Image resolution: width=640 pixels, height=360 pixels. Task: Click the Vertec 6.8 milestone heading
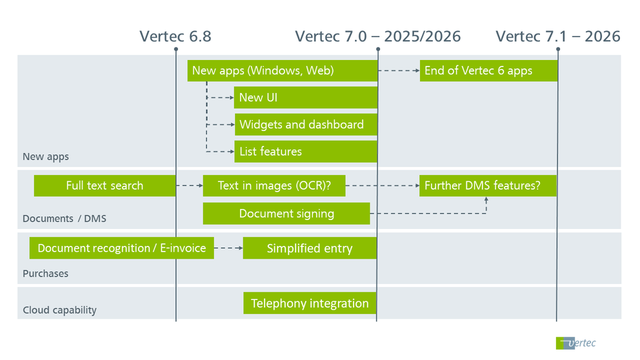(x=175, y=36)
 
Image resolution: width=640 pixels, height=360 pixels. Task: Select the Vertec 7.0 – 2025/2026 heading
(x=377, y=36)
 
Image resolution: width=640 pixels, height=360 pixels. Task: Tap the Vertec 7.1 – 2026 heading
(x=557, y=36)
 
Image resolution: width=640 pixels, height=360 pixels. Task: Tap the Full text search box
(x=105, y=186)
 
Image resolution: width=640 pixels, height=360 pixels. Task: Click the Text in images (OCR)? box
(x=274, y=186)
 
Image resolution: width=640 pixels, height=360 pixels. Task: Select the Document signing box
(x=286, y=214)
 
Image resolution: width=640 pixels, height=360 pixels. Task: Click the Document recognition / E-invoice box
(x=121, y=248)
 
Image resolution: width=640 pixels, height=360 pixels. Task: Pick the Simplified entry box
(x=310, y=248)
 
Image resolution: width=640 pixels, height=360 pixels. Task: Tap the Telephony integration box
(x=310, y=303)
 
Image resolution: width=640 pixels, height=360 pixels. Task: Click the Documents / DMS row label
(x=65, y=219)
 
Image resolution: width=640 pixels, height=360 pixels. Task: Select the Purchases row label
(x=45, y=274)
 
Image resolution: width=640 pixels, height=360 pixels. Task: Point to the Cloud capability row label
(x=59, y=310)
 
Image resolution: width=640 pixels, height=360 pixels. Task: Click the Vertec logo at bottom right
(x=575, y=343)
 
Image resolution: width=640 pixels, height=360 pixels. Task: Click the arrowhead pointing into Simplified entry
(x=239, y=248)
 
